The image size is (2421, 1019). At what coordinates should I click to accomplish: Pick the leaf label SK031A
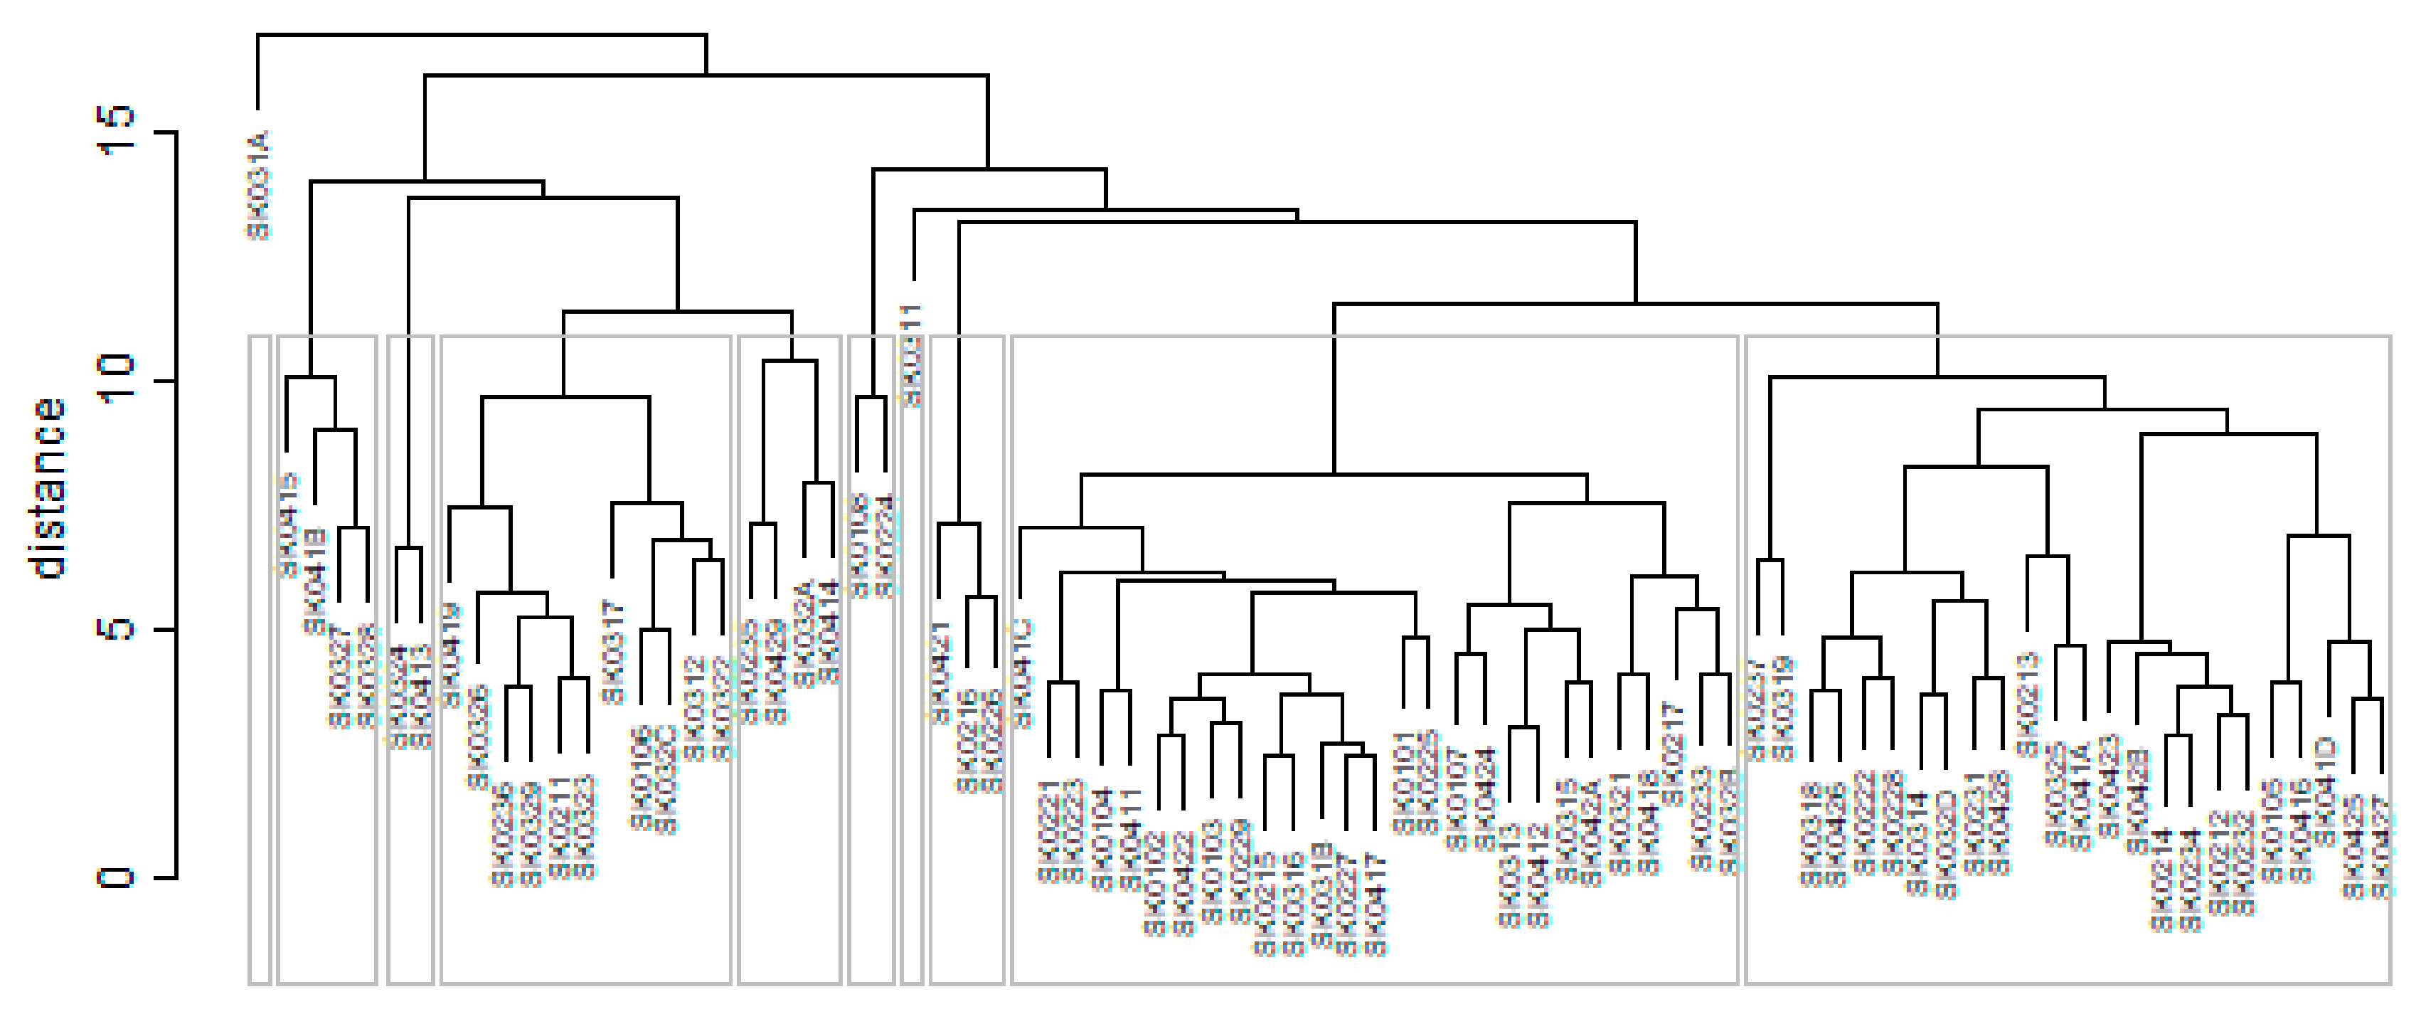click(x=260, y=184)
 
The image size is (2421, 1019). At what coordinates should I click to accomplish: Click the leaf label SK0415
click(x=287, y=524)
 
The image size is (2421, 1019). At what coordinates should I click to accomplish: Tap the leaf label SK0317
click(x=613, y=651)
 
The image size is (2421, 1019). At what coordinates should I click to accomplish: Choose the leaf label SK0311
click(x=912, y=354)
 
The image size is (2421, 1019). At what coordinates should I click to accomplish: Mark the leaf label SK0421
click(x=940, y=672)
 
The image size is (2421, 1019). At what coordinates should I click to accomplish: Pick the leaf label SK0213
click(x=2027, y=703)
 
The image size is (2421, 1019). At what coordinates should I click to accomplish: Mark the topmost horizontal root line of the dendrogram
click(x=481, y=35)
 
